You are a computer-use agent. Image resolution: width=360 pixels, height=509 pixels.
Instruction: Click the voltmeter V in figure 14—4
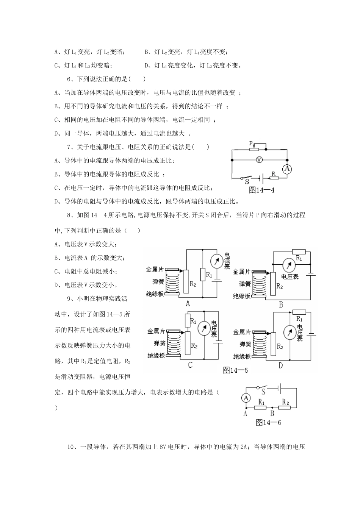[259, 160]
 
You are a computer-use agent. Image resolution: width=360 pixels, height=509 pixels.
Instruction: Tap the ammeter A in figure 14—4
[287, 169]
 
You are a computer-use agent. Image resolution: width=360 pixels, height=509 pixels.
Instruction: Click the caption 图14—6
[268, 423]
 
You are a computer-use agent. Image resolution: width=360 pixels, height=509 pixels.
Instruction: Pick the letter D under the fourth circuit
[280, 365]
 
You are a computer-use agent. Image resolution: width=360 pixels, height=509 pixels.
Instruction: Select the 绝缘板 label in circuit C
[156, 356]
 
